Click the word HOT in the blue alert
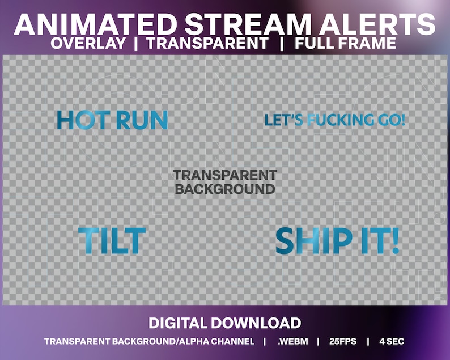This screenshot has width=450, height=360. pyautogui.click(x=84, y=120)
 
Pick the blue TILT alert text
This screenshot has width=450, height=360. pyautogui.click(x=112, y=240)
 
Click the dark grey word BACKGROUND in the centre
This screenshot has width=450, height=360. pyautogui.click(x=225, y=189)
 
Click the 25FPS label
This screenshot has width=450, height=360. pyautogui.click(x=342, y=341)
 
